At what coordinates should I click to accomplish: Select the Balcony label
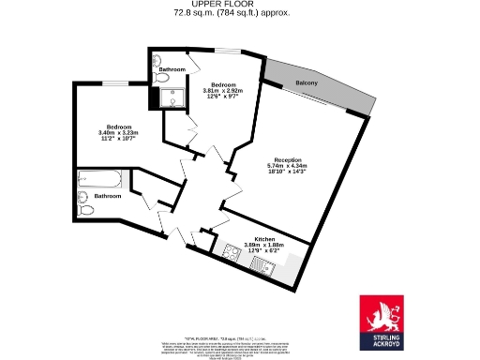pyautogui.click(x=307, y=84)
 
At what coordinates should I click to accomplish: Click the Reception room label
pyautogui.click(x=287, y=158)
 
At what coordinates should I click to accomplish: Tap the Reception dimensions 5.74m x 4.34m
pyautogui.click(x=287, y=166)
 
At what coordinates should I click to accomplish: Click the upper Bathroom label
pyautogui.click(x=171, y=70)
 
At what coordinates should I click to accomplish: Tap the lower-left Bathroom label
pyautogui.click(x=107, y=196)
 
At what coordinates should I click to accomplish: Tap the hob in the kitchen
pyautogui.click(x=231, y=251)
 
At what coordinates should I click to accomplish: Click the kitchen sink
pyautogui.click(x=264, y=267)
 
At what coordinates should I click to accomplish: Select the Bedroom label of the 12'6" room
pyautogui.click(x=222, y=83)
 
